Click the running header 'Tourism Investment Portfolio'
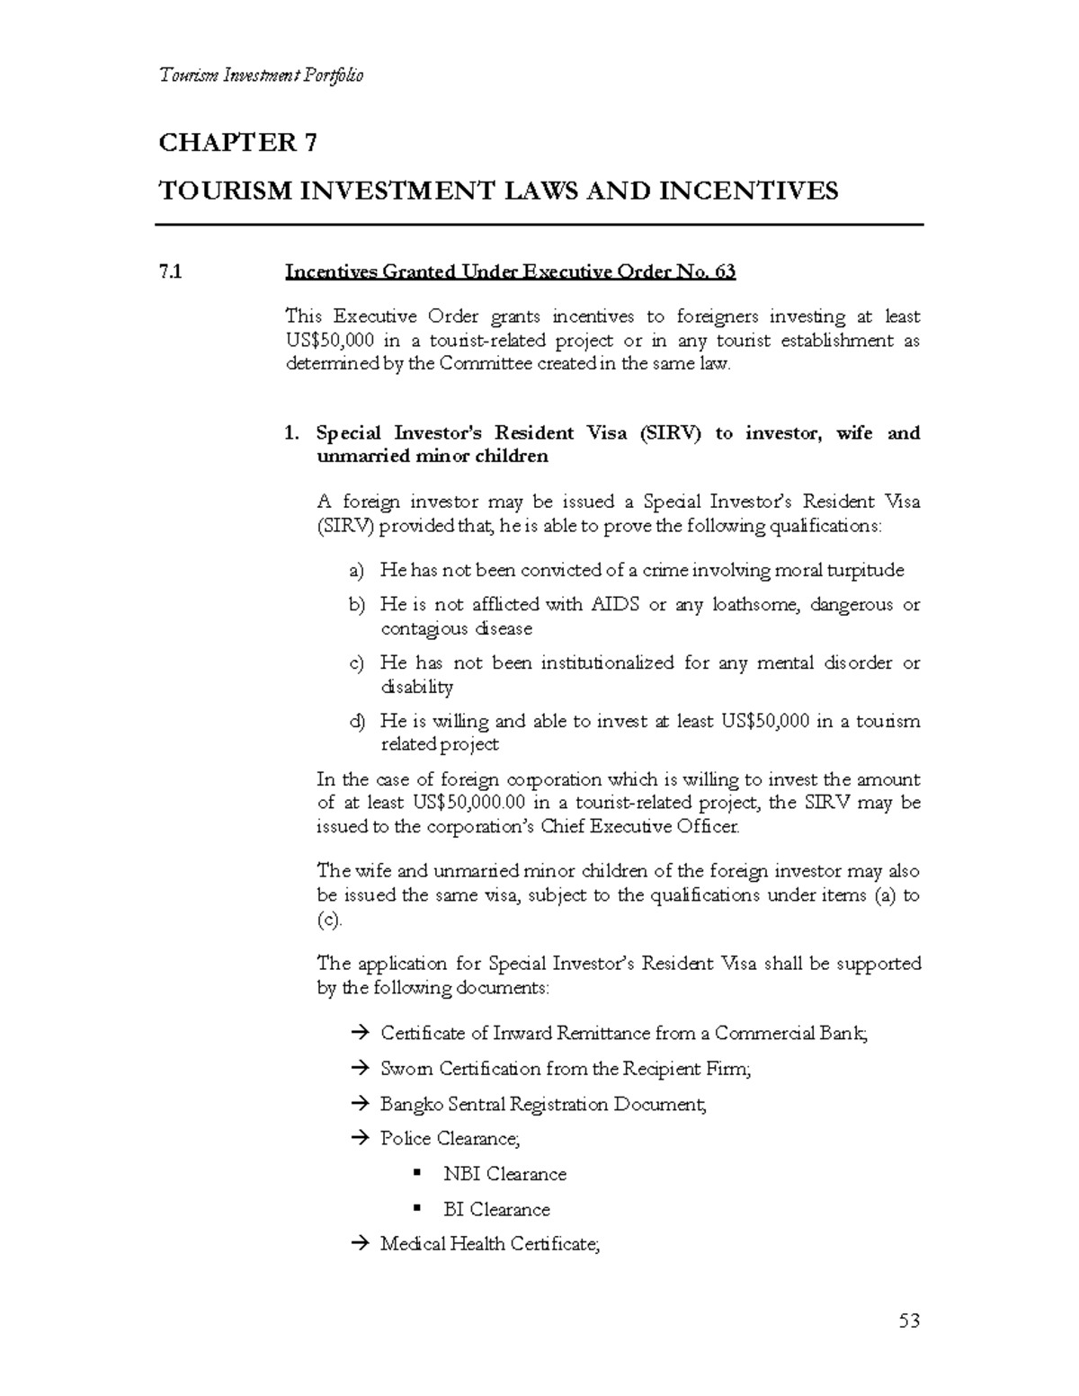(261, 76)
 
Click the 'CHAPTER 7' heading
(238, 143)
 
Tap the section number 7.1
(170, 271)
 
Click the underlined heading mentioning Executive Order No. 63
(510, 271)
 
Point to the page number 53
(909, 1320)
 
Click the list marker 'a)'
(357, 571)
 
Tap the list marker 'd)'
(357, 722)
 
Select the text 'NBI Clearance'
(504, 1174)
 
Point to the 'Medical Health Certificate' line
(490, 1244)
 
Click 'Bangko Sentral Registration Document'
(543, 1104)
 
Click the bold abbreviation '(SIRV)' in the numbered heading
(669, 433)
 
